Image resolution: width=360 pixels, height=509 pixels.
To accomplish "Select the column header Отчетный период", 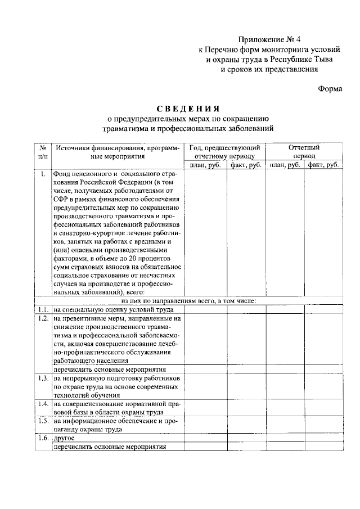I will [303, 151].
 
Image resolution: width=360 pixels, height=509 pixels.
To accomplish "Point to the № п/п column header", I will [42, 151].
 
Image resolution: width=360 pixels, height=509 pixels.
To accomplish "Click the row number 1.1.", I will [42, 309].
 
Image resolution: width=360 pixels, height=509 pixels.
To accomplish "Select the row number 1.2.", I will [42, 318].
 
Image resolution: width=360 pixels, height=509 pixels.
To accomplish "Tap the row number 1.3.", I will [42, 378].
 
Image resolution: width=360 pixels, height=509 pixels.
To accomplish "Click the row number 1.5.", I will [42, 420].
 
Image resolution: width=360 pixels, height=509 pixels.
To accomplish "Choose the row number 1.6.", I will [42, 437].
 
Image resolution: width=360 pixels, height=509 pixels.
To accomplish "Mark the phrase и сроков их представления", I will [269, 70].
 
